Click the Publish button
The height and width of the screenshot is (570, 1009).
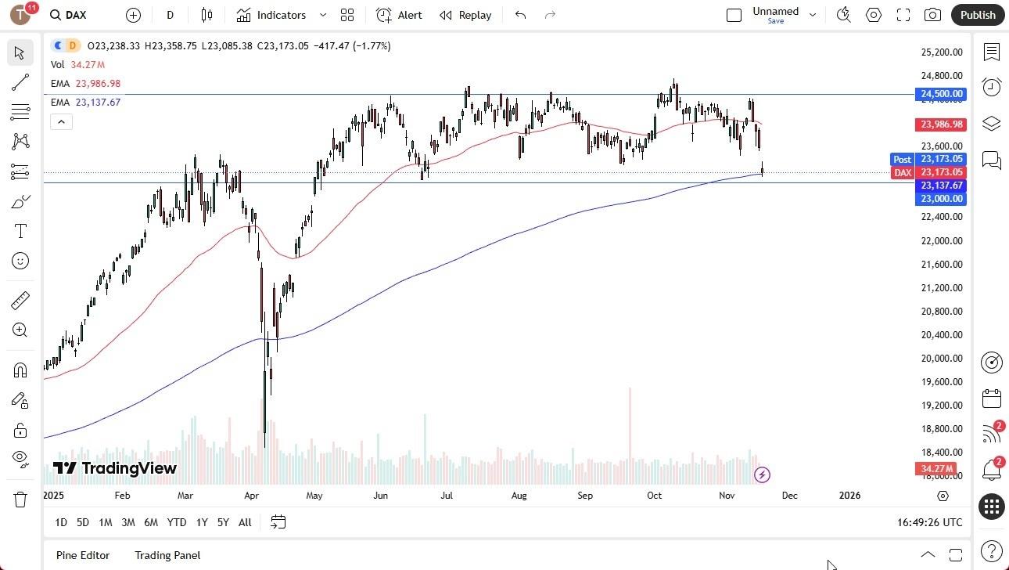point(978,15)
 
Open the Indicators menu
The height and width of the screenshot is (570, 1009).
point(271,15)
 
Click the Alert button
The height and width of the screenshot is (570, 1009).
point(399,15)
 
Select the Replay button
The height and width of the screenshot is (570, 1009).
point(465,15)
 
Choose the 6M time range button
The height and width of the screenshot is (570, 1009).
point(151,522)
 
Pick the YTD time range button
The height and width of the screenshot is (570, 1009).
point(177,522)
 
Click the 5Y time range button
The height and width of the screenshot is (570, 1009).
point(223,522)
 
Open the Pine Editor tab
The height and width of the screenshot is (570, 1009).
point(83,555)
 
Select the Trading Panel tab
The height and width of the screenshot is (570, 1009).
point(167,555)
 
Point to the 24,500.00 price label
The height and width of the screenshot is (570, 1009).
point(942,94)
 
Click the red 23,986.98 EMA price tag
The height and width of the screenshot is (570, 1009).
point(942,124)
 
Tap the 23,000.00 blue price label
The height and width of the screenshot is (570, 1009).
point(942,199)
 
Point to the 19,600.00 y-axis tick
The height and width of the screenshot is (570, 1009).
point(941,382)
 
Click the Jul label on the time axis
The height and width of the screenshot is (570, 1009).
point(447,496)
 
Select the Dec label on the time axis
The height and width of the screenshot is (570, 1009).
point(789,496)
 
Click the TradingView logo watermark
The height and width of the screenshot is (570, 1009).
point(115,468)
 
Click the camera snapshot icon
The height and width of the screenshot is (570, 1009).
point(932,15)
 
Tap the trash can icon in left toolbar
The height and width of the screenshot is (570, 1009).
point(20,499)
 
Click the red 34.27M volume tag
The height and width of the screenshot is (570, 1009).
point(937,469)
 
